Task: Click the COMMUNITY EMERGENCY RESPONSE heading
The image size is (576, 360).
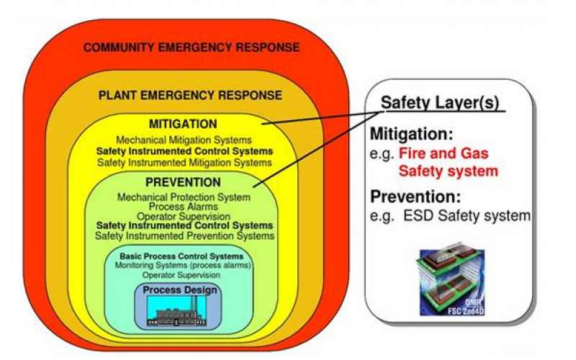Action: click(191, 48)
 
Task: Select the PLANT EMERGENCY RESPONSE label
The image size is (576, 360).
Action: click(190, 95)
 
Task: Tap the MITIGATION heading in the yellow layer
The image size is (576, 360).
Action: click(183, 124)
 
